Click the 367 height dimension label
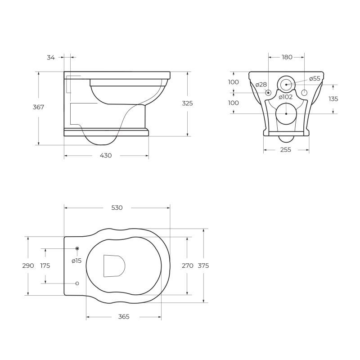click(38, 107)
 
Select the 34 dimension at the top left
click(51, 58)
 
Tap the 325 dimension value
click(187, 103)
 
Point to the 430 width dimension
click(106, 155)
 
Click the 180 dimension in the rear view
click(287, 57)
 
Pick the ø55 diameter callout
click(315, 78)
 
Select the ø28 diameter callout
click(261, 85)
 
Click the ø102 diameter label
click(286, 97)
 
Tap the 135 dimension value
click(333, 99)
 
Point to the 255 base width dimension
click(286, 150)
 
